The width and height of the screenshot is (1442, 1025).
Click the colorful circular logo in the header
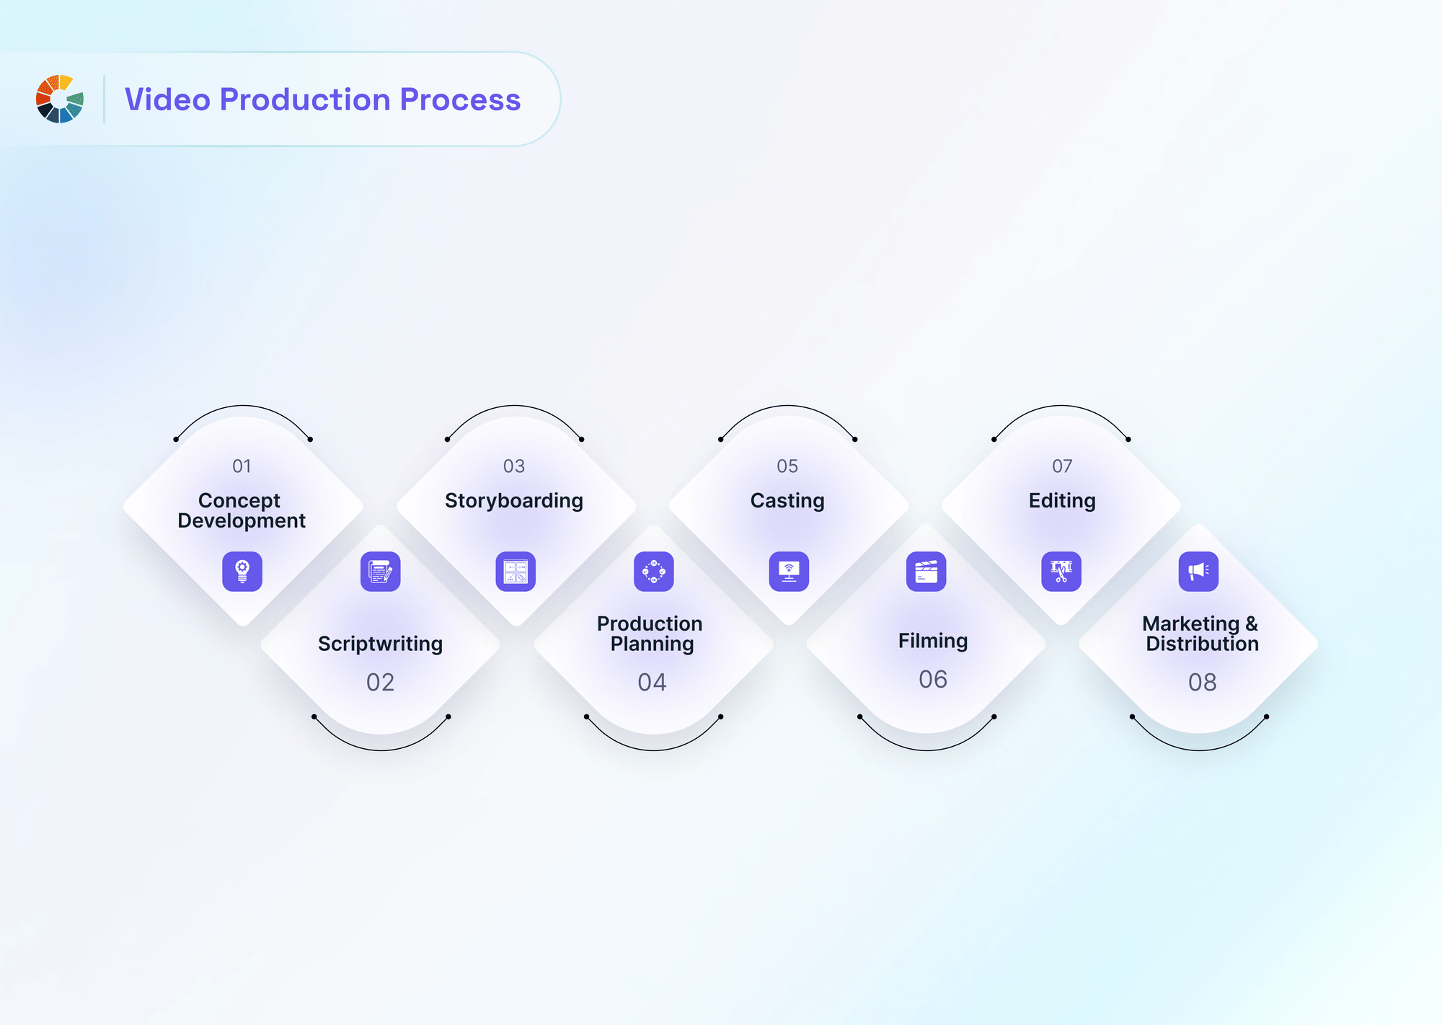click(60, 99)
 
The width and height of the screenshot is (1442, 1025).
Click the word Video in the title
click(167, 99)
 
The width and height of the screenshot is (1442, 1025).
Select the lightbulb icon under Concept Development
click(242, 572)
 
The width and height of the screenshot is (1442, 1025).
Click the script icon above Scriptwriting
click(381, 572)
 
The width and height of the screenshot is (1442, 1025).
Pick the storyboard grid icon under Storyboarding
click(516, 572)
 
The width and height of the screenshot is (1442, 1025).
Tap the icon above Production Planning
click(654, 572)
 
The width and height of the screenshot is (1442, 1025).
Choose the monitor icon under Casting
click(789, 572)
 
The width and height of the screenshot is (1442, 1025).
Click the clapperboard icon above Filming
click(926, 572)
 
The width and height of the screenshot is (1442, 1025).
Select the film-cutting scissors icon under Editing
click(1061, 572)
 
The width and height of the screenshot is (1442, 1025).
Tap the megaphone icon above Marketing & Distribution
click(1199, 572)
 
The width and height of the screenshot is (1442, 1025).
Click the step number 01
click(242, 466)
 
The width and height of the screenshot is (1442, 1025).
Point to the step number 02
click(381, 682)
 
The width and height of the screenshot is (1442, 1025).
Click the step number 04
click(653, 682)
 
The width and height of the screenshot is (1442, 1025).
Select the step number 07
click(1062, 466)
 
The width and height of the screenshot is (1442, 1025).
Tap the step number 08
click(1203, 682)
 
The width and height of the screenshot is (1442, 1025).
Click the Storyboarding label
click(514, 501)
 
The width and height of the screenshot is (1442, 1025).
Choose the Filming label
click(933, 641)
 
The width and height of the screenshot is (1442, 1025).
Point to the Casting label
click(787, 501)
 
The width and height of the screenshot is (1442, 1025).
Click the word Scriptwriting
click(381, 644)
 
